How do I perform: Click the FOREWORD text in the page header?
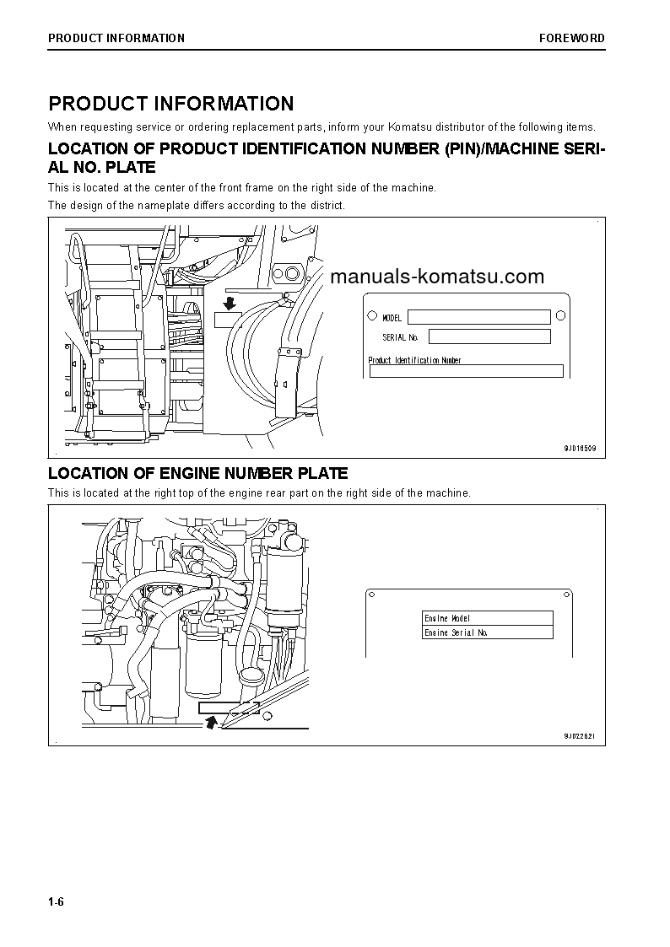(x=572, y=38)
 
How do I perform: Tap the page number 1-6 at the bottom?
(x=57, y=902)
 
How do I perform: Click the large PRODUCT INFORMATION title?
(x=171, y=104)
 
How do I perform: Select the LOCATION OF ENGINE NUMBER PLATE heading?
(x=197, y=474)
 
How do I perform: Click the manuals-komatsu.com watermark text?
(x=437, y=277)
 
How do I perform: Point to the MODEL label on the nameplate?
(x=392, y=318)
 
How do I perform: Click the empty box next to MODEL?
(x=478, y=317)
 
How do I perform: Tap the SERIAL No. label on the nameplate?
(x=400, y=337)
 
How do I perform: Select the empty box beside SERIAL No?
(x=489, y=336)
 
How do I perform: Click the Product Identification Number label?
(x=415, y=360)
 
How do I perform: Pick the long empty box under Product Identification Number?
(x=466, y=371)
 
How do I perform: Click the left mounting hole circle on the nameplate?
(x=373, y=317)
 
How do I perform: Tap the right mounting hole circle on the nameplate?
(x=560, y=316)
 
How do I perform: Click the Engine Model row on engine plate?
(x=488, y=618)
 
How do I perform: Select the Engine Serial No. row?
(x=488, y=632)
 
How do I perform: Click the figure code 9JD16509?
(x=580, y=449)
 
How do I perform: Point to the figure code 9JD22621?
(x=580, y=736)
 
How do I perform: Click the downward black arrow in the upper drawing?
(x=228, y=302)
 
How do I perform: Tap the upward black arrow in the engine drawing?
(x=211, y=720)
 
